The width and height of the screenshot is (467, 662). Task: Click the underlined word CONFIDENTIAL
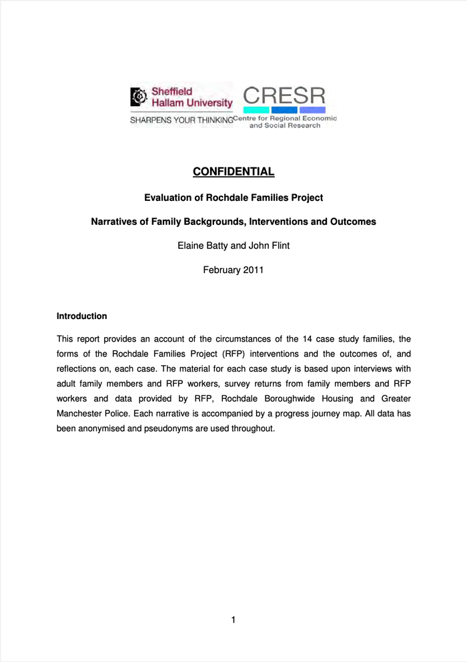(233, 172)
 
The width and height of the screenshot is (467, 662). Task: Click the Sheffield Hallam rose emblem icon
(139, 97)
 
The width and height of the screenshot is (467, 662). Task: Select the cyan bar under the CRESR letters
(256, 110)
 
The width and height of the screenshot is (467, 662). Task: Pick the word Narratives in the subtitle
(114, 222)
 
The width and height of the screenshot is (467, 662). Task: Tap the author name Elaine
(191, 246)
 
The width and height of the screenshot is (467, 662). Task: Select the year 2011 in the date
(253, 270)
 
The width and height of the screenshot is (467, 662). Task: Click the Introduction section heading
(81, 316)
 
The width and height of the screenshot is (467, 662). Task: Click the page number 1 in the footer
(233, 620)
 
